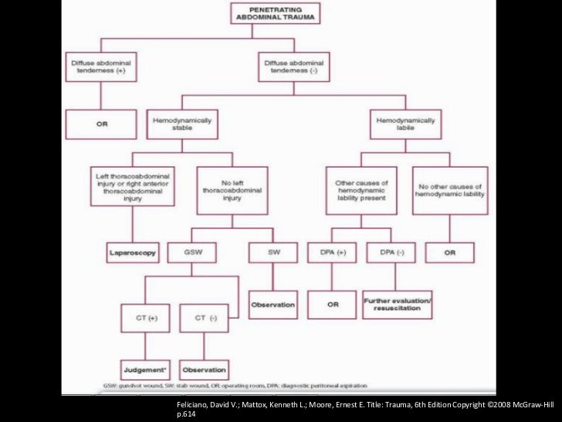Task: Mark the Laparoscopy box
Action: (132, 251)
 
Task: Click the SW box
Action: (273, 251)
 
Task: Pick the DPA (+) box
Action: (332, 251)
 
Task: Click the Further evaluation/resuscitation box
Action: (397, 305)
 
